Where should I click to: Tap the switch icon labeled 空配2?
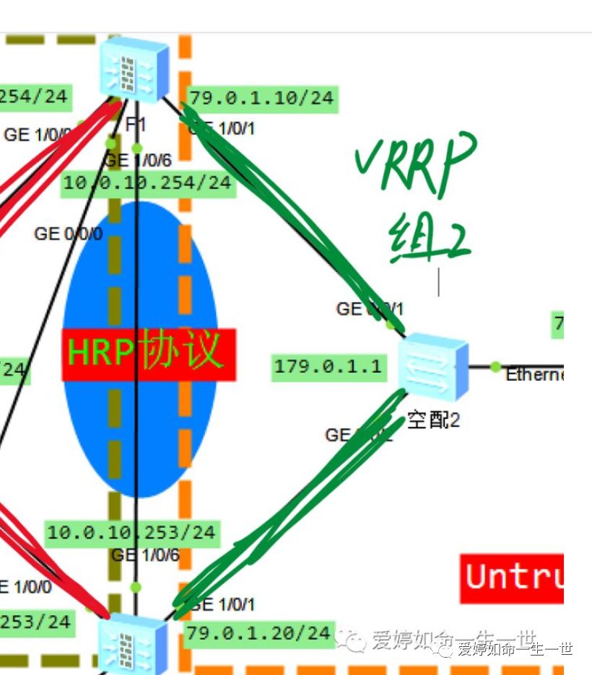(433, 368)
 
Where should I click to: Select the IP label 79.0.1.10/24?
(262, 98)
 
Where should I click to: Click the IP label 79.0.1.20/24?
(258, 632)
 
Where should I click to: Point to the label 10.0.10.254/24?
(147, 183)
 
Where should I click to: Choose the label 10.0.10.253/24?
(131, 533)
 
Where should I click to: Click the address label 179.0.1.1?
(327, 366)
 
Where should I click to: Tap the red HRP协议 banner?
(149, 354)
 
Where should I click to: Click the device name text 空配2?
(433, 420)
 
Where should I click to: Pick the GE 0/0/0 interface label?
(69, 234)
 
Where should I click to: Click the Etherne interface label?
(534, 375)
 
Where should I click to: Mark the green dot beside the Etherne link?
(495, 366)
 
